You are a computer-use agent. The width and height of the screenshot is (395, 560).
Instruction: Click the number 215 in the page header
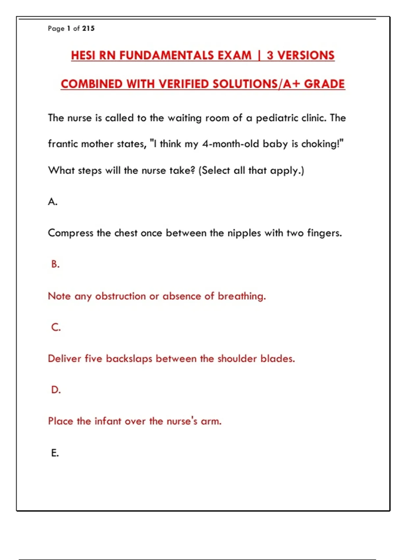click(x=88, y=29)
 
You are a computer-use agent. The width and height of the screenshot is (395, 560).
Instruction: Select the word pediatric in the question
click(x=277, y=118)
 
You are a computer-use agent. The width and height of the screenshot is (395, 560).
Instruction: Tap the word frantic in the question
click(x=63, y=144)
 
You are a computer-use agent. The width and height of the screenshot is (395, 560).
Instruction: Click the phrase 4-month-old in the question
click(x=231, y=144)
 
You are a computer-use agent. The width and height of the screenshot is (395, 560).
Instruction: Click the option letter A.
click(x=52, y=202)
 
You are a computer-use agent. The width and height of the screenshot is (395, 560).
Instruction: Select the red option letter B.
click(x=55, y=264)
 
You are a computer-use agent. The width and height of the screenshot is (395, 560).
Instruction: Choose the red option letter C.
click(x=56, y=327)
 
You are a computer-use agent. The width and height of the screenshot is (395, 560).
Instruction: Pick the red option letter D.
click(x=56, y=390)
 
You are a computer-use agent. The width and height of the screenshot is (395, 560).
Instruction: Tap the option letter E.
click(x=55, y=453)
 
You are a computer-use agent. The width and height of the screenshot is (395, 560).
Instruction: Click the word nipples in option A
click(x=244, y=234)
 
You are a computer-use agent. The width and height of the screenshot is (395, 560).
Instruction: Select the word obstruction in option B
click(x=120, y=296)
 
